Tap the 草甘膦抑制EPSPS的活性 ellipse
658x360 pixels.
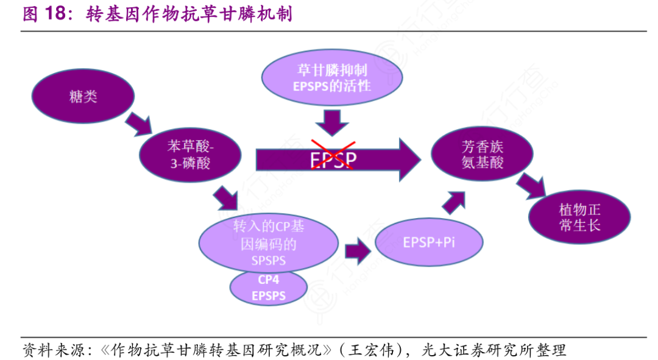click(331, 79)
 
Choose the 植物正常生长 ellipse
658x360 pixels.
click(579, 217)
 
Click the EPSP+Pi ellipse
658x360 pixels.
click(428, 242)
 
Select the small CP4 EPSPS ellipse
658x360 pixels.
click(268, 288)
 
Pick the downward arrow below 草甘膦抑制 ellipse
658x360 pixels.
click(332, 122)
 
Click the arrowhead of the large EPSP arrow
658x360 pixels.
click(409, 159)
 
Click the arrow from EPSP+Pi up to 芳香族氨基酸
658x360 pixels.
click(453, 200)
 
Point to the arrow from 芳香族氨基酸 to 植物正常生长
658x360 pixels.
click(530, 185)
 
